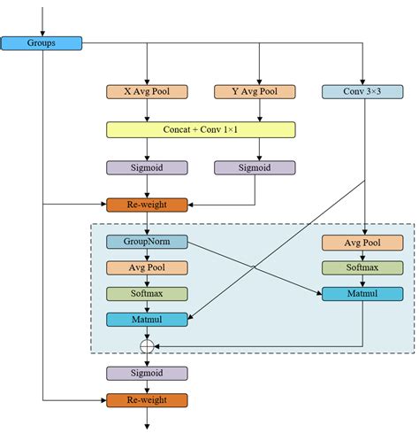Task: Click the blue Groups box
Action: [x=42, y=43]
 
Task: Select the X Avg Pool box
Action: [x=147, y=92]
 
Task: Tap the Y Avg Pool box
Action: [x=255, y=92]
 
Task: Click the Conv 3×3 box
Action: [x=362, y=92]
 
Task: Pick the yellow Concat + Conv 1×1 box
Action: [x=201, y=129]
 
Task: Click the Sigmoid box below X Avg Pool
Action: [x=147, y=167]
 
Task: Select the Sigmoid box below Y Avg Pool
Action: [x=255, y=167]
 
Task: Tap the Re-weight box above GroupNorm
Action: [x=147, y=205]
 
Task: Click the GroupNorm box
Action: [x=147, y=242]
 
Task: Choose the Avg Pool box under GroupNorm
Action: [x=147, y=267]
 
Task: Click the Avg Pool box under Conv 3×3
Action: [x=362, y=243]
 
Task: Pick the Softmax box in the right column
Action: [x=362, y=267]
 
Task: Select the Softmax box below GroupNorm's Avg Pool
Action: [x=147, y=294]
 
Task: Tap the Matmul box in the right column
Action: [x=362, y=294]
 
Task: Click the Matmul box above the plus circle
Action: [x=147, y=320]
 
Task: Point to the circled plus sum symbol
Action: [x=147, y=346]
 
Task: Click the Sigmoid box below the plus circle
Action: [x=147, y=374]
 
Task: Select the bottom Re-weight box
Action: [x=147, y=400]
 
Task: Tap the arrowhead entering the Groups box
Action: [x=42, y=34]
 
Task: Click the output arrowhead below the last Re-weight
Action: [x=147, y=427]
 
